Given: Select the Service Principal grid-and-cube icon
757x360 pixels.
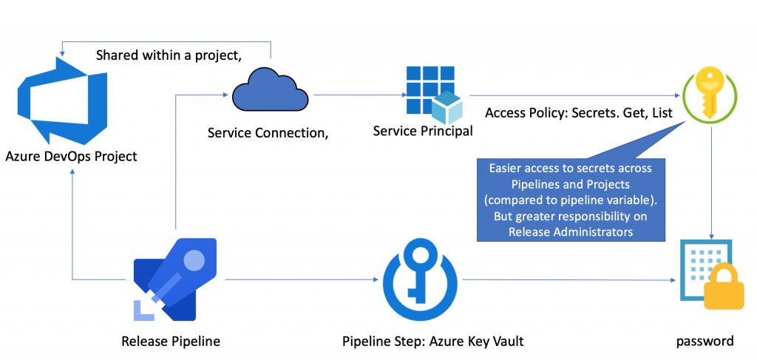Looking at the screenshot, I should pyautogui.click(x=433, y=93).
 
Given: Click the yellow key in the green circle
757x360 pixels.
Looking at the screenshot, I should pyautogui.click(x=710, y=95).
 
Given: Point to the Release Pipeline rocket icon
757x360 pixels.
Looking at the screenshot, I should pyautogui.click(x=174, y=280).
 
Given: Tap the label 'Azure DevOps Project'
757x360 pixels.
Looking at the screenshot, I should pyautogui.click(x=71, y=156).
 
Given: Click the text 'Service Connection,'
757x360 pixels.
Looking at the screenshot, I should pyautogui.click(x=268, y=133).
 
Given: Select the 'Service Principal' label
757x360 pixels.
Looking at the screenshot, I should pyautogui.click(x=423, y=131).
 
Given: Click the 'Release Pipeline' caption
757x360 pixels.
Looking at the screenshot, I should pyautogui.click(x=171, y=341).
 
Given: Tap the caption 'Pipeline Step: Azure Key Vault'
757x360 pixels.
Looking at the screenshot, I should pyautogui.click(x=433, y=341).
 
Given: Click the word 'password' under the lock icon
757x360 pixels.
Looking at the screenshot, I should pyautogui.click(x=705, y=341).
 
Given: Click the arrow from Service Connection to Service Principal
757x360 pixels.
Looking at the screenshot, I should pyautogui.click(x=358, y=95).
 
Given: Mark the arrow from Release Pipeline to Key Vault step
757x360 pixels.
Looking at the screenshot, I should pyautogui.click(x=299, y=279).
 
